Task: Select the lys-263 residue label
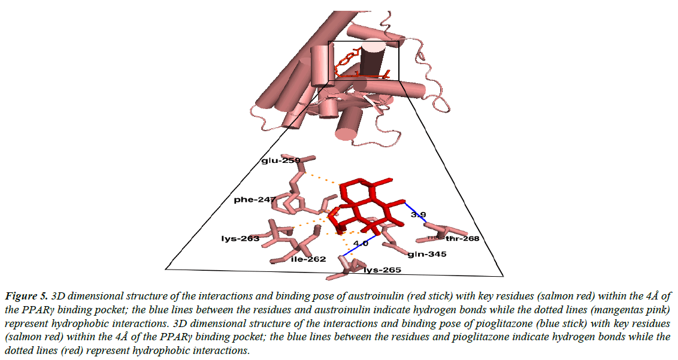pos(240,238)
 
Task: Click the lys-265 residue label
pos(382,270)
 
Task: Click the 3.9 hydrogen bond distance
pos(417,214)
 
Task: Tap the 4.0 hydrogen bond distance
pos(361,243)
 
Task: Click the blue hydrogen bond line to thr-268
pos(415,211)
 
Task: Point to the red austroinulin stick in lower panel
pos(365,204)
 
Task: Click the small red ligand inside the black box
pos(353,66)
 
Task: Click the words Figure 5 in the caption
pos(28,297)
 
